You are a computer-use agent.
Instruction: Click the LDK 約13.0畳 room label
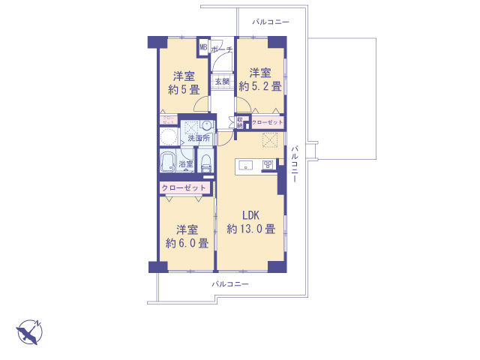(250, 222)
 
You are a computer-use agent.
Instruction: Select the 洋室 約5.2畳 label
(260, 79)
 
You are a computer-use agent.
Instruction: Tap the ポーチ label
(223, 49)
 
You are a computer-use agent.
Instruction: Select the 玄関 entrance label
(222, 81)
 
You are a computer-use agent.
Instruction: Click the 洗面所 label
(198, 139)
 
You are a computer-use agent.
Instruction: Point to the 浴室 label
(186, 163)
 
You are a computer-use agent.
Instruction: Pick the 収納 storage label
(240, 122)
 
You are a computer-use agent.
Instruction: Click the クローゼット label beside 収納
(268, 121)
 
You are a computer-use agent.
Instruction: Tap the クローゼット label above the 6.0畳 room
(183, 187)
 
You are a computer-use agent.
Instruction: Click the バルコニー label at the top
(271, 22)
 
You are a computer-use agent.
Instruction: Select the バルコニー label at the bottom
(230, 284)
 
